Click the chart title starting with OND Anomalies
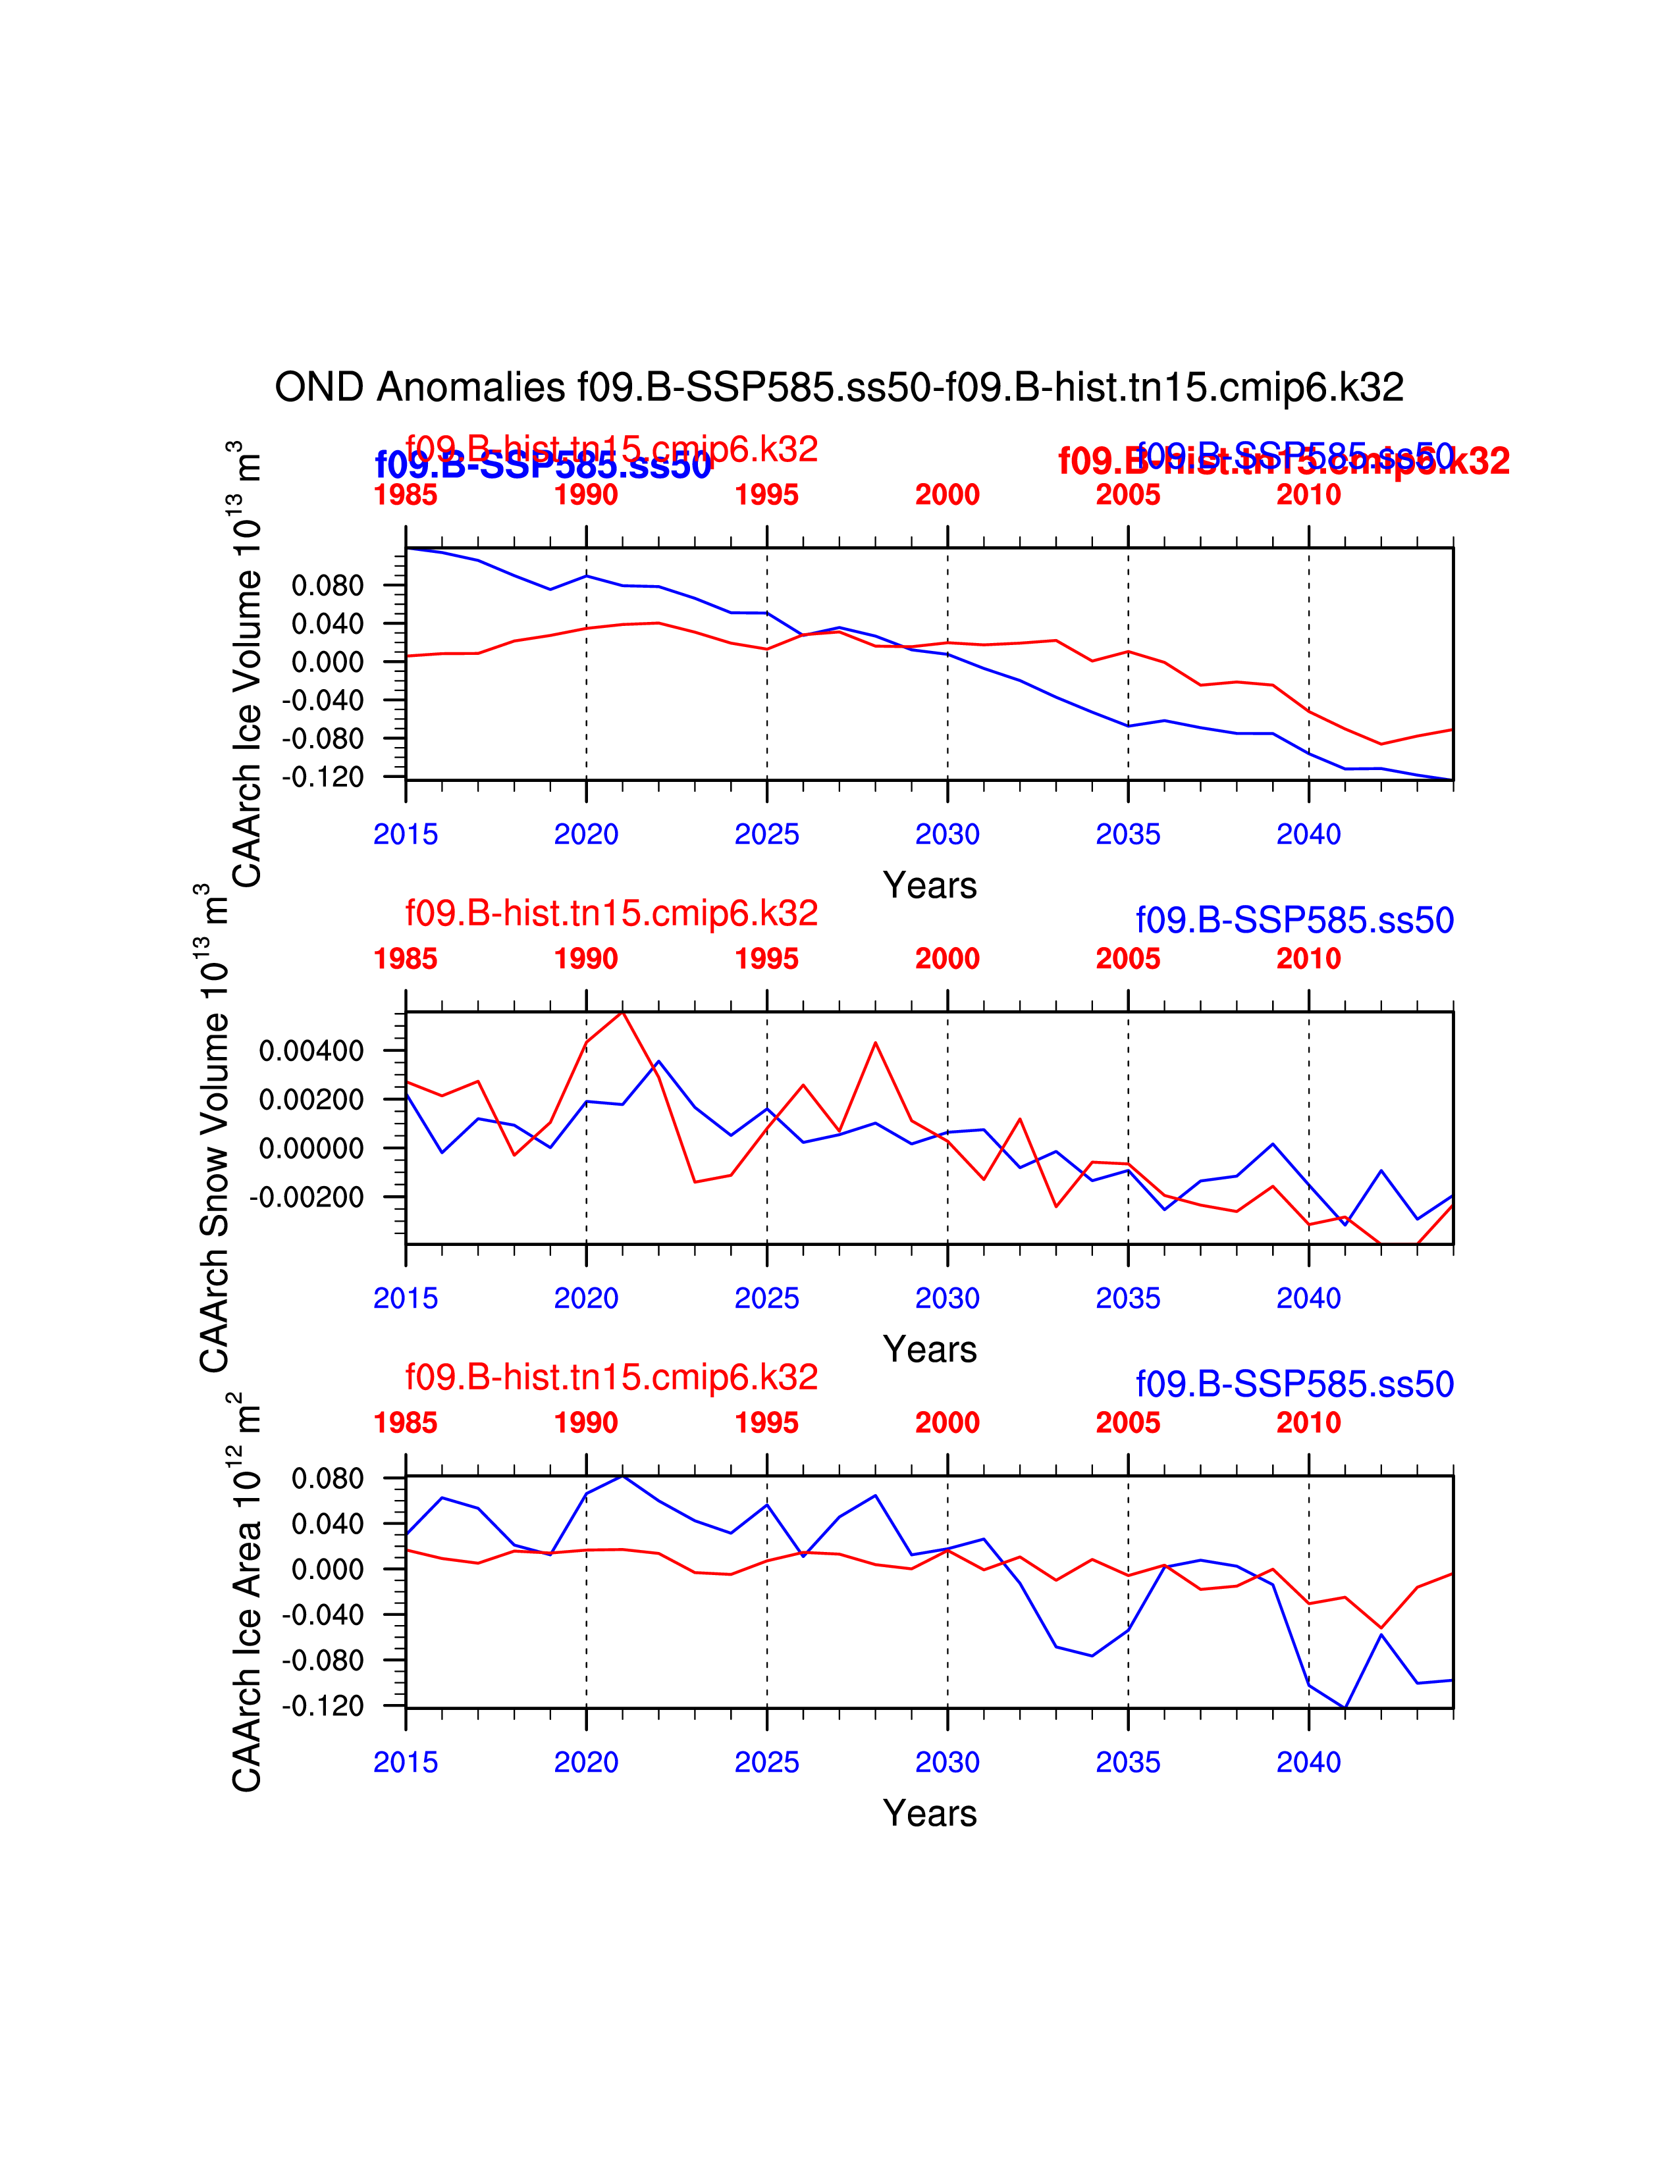pyautogui.click(x=838, y=387)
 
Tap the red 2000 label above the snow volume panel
pyautogui.click(x=947, y=959)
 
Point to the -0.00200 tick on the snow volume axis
pyautogui.click(x=306, y=1197)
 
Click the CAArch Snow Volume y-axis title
pyautogui.click(x=214, y=1129)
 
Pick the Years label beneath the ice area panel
pyautogui.click(x=929, y=1813)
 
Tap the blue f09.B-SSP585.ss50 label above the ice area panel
pyautogui.click(x=1294, y=1383)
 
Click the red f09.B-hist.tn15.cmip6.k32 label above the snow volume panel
pyautogui.click(x=611, y=913)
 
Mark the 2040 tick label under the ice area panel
pyautogui.click(x=1308, y=1762)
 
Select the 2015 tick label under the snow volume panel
pyautogui.click(x=405, y=1298)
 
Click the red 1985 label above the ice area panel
pyautogui.click(x=405, y=1422)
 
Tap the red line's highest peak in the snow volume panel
pyautogui.click(x=623, y=1012)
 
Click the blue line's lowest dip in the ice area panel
pyautogui.click(x=1345, y=1707)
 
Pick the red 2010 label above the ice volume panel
pyautogui.click(x=1308, y=494)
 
